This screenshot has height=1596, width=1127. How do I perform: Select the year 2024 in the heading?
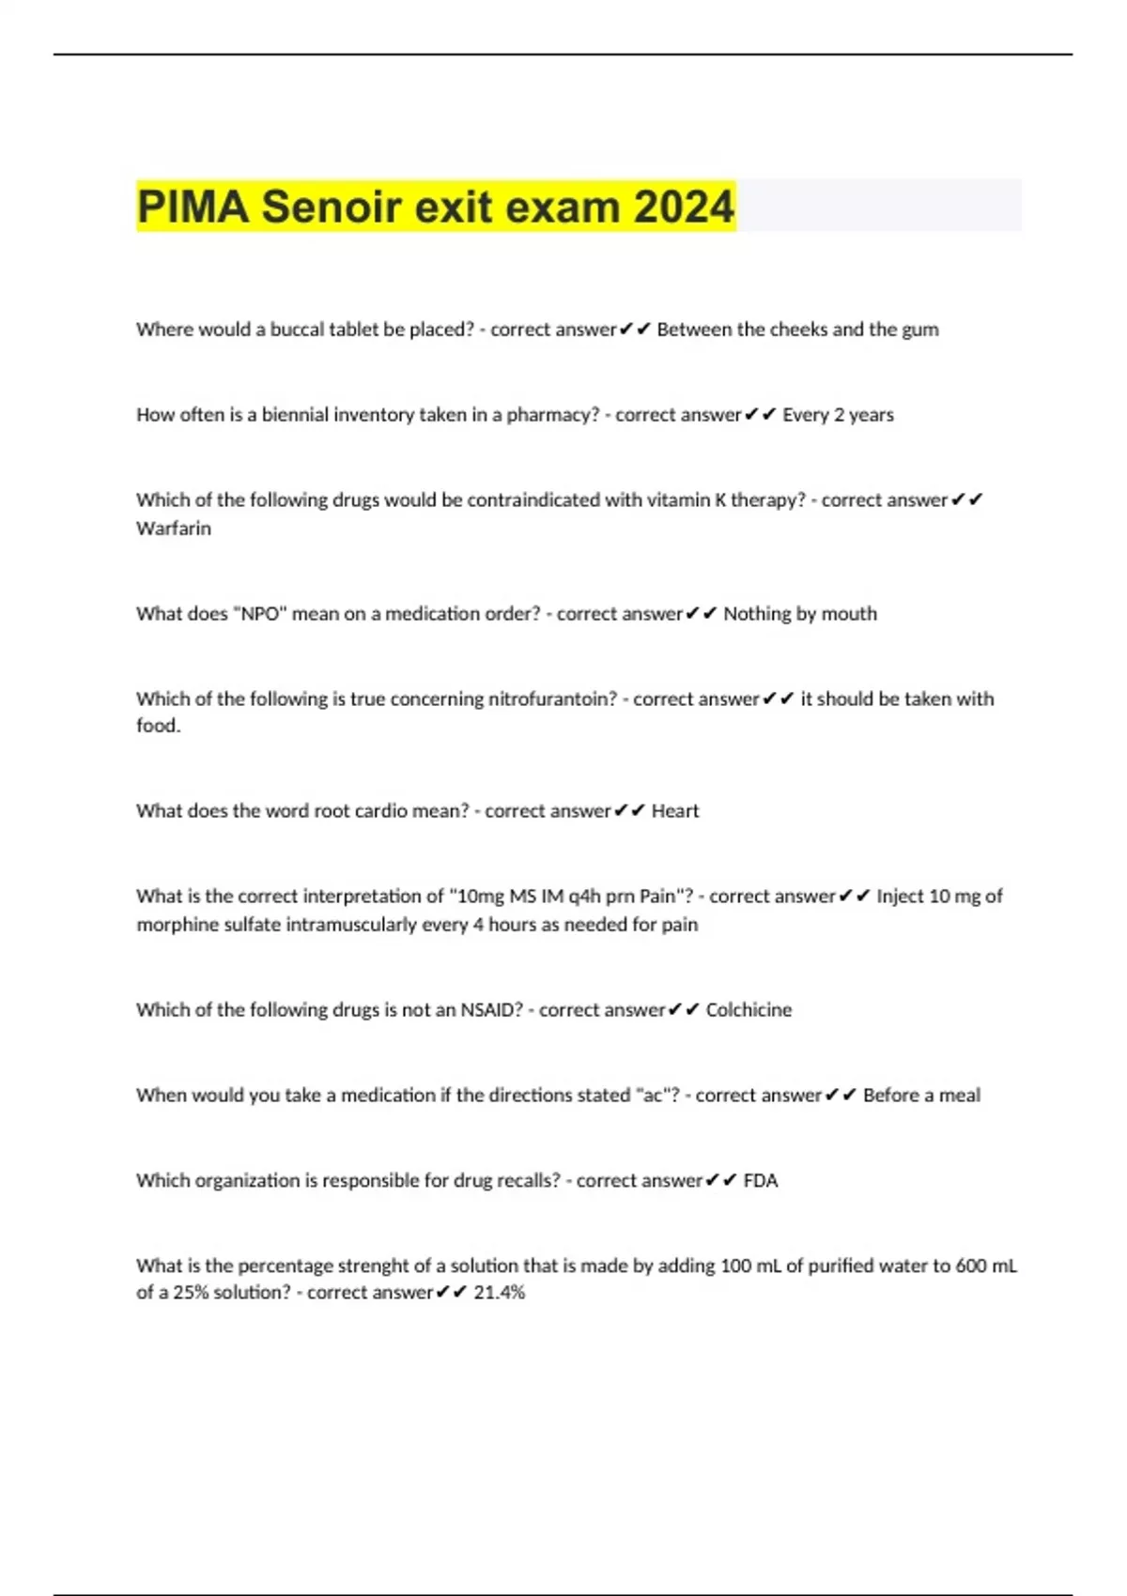(x=684, y=207)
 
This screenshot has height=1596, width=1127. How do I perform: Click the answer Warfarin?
(x=174, y=529)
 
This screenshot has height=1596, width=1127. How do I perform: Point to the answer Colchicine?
(x=749, y=1010)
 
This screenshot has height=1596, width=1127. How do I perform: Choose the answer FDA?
(x=761, y=1180)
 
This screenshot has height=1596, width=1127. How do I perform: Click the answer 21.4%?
(x=500, y=1293)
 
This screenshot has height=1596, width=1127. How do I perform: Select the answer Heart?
(x=675, y=811)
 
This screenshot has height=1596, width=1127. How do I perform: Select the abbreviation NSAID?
(x=491, y=1010)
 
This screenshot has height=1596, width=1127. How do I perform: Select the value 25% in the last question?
(x=191, y=1293)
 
